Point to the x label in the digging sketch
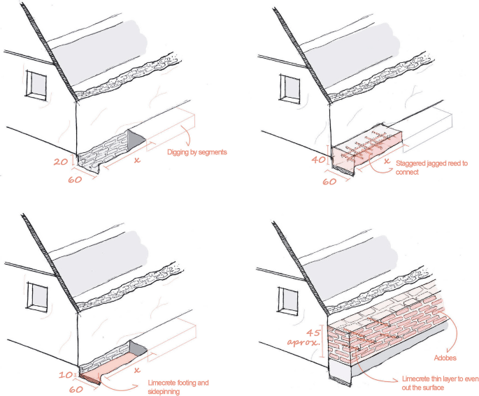coord(137,161)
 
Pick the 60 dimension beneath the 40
coord(331,181)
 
